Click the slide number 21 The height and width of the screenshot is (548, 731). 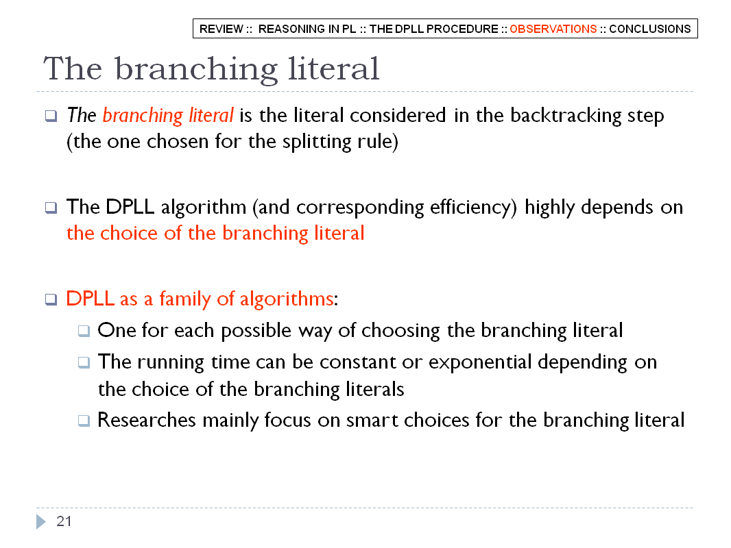coord(64,521)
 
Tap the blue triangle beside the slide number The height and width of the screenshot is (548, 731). coord(41,521)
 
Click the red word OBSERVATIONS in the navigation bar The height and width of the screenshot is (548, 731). coord(553,29)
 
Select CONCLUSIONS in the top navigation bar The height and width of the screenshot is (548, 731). coord(650,29)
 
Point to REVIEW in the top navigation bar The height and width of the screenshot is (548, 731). coord(221,29)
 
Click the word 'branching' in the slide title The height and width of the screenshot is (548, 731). coord(196,70)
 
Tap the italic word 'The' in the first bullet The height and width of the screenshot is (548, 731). coord(82,115)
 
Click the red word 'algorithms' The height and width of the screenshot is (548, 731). coord(287,299)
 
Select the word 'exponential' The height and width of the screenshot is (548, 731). coord(480,362)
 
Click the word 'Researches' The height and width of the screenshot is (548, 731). coord(146,420)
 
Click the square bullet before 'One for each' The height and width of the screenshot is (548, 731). coord(84,331)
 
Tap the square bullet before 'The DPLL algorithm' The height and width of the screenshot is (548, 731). coord(51,207)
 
